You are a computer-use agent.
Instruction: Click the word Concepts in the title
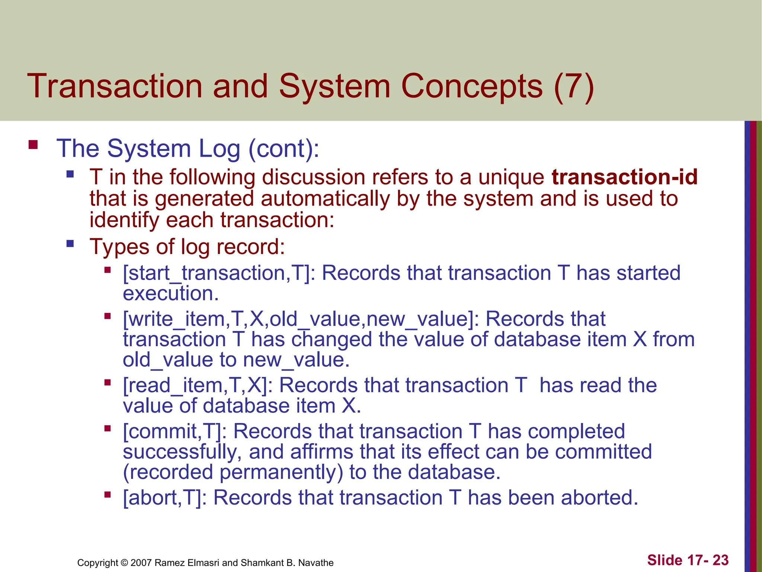pos(471,86)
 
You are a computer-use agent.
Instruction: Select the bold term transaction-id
pos(624,177)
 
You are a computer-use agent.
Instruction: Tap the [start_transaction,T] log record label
pos(218,273)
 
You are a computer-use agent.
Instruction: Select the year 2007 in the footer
pos(141,563)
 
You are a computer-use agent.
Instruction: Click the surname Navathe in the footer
pos(316,563)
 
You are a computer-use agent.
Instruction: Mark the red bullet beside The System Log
pos(33,144)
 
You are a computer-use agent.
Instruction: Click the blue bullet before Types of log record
pos(70,244)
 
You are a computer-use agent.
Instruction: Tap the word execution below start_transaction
pos(170,293)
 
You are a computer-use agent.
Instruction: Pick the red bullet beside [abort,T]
pos(108,495)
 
